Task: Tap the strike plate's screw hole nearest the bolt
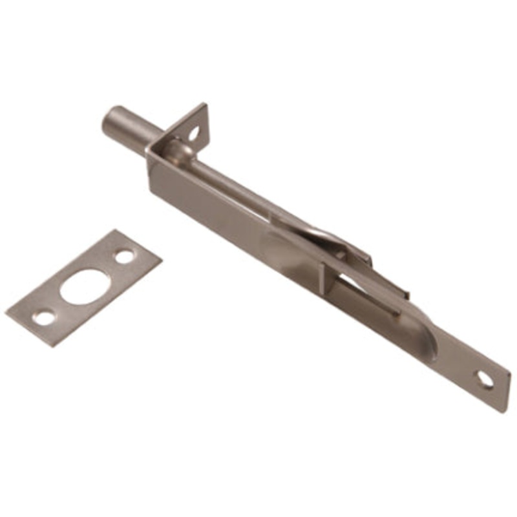tap(124, 256)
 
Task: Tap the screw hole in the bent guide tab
tap(194, 134)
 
